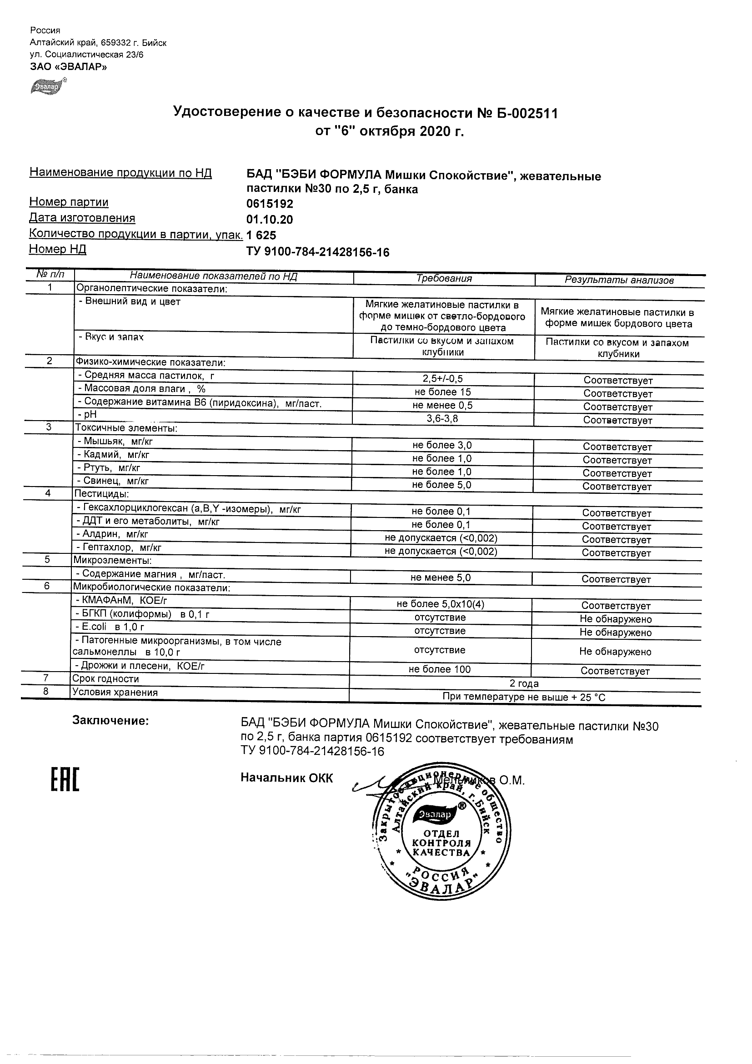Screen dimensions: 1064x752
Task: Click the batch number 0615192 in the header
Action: coord(269,204)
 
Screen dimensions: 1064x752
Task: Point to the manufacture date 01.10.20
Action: coord(269,220)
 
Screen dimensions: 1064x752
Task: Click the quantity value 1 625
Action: coord(261,236)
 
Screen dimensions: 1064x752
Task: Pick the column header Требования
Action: coord(443,279)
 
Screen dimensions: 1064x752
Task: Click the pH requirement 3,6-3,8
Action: coord(442,419)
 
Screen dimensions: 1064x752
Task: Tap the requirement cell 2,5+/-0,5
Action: coord(443,379)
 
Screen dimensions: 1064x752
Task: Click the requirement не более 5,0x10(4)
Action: coord(440,604)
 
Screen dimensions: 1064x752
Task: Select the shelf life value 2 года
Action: coord(524,683)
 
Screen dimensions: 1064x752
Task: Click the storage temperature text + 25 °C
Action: coord(588,698)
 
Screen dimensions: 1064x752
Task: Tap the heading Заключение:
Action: coord(110,720)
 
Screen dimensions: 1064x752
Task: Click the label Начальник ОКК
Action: coord(286,778)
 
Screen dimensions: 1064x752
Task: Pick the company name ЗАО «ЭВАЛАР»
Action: coord(68,67)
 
